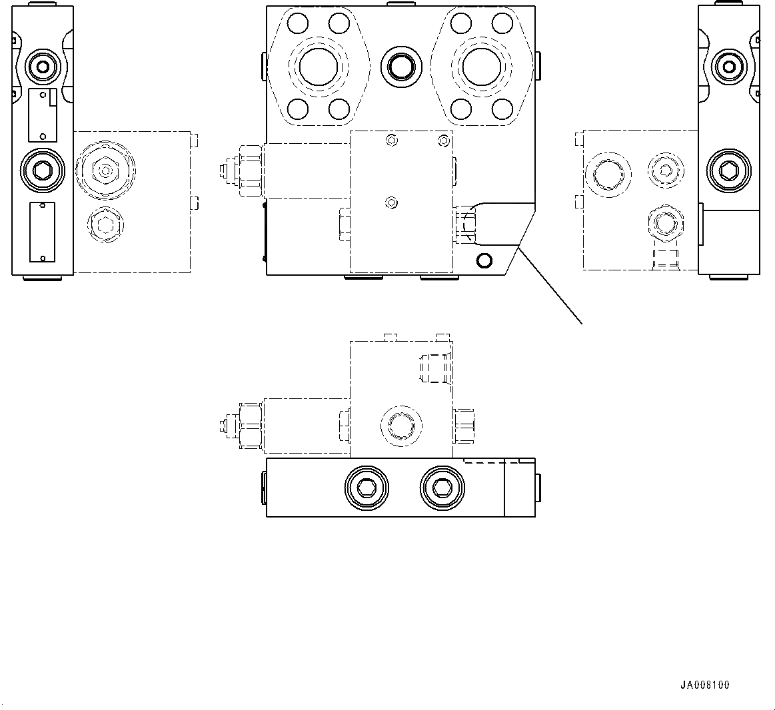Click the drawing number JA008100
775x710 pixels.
tap(704, 685)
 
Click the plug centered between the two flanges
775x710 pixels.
tap(401, 65)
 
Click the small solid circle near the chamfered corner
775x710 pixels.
tap(484, 259)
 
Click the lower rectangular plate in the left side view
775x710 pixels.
tap(41, 233)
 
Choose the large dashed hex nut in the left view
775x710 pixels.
tap(105, 171)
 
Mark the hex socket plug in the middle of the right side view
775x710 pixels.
tap(730, 171)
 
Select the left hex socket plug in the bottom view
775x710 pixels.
tap(365, 488)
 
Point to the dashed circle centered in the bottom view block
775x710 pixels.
tap(400, 424)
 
